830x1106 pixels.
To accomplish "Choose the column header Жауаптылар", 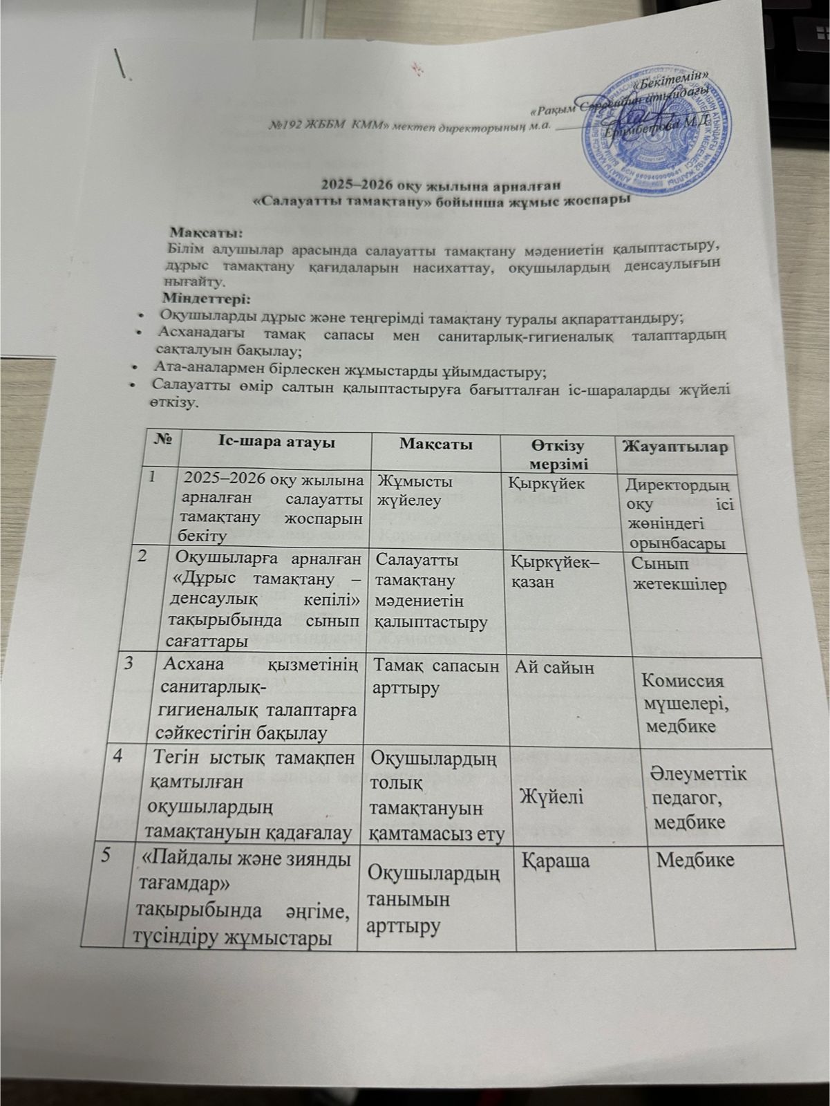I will click(x=675, y=447).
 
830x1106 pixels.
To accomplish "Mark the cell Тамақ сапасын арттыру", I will click(x=435, y=677).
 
